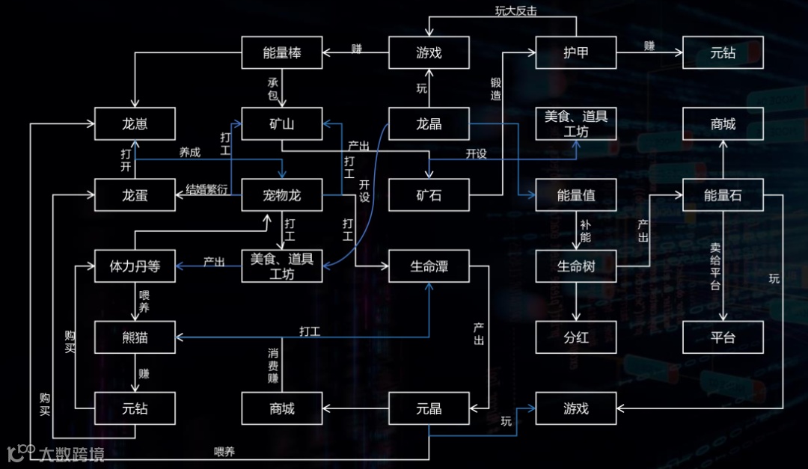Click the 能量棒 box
click(282, 52)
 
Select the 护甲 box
click(576, 52)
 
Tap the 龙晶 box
click(429, 124)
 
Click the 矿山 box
click(282, 124)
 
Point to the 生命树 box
click(576, 266)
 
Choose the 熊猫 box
click(135, 337)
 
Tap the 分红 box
click(576, 337)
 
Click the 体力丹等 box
click(135, 266)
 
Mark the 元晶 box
click(429, 409)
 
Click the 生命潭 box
click(429, 266)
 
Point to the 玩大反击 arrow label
click(516, 10)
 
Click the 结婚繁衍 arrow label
click(206, 189)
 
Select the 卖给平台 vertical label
click(715, 266)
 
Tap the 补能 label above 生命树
click(585, 231)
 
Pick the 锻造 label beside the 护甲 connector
click(495, 89)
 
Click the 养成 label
click(189, 152)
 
